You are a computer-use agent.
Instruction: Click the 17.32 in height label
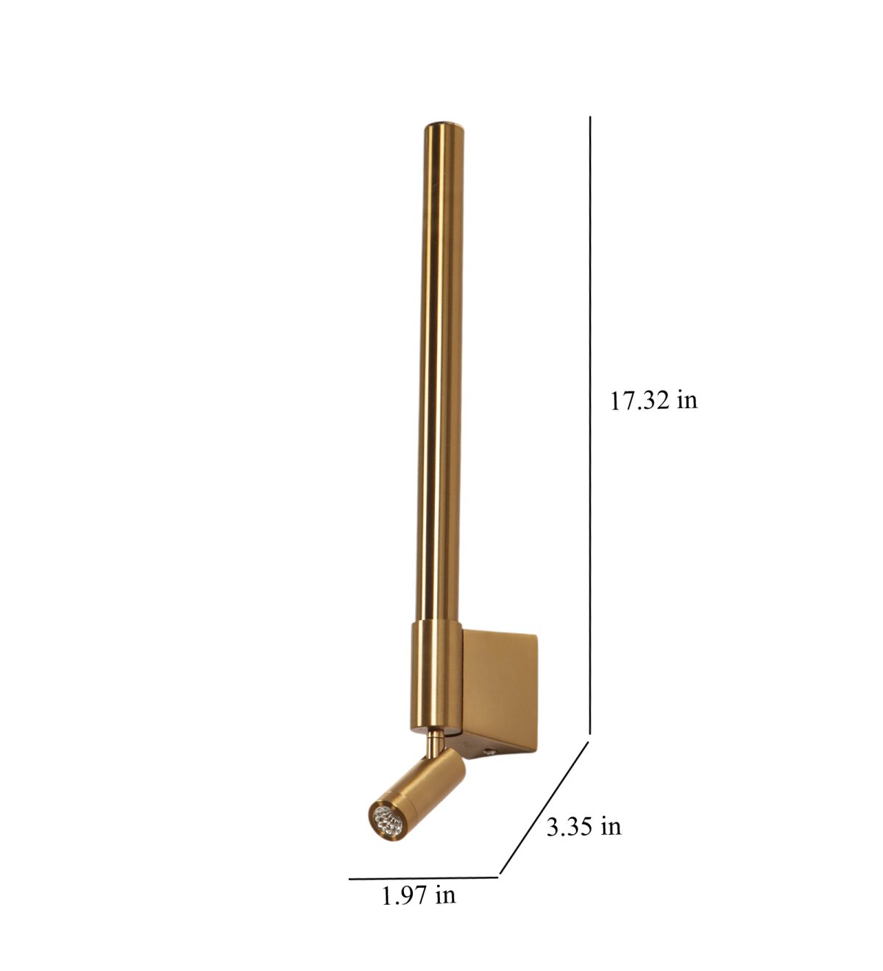click(x=653, y=400)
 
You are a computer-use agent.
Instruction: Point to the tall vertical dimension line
click(x=589, y=425)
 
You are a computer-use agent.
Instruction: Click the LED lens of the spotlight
click(x=387, y=820)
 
